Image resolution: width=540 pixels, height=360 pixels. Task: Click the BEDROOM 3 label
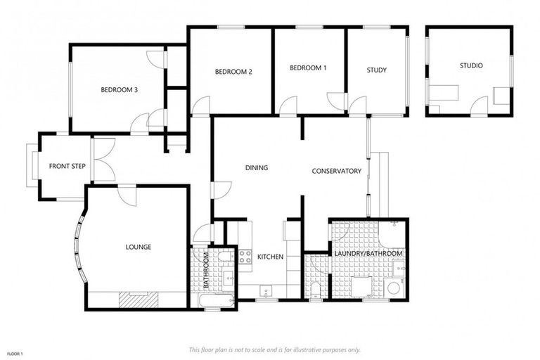coord(119,89)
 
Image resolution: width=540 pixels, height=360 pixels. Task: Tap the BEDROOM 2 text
coord(233,72)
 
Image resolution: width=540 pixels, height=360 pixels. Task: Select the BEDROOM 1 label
coord(308,68)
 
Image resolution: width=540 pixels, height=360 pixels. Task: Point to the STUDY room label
coord(377,70)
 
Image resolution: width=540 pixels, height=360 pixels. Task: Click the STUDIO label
coord(471,66)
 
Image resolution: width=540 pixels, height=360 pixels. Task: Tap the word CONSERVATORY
coord(337,171)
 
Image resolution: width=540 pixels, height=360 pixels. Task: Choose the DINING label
coord(257,168)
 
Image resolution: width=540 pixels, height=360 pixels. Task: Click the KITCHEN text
coord(270,257)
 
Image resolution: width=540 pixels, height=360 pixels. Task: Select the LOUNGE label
coord(139,247)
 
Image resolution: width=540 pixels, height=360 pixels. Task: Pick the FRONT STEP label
coord(67,167)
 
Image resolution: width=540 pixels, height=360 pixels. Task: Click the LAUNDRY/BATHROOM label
coord(368,253)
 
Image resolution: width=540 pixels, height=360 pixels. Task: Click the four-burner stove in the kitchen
coord(245,257)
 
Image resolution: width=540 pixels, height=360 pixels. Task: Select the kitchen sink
coord(266,290)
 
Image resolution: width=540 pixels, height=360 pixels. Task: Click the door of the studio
coord(480,107)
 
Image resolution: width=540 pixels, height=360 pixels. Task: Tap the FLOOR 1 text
coord(15,353)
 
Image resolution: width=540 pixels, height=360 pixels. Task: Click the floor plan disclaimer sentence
coord(275,349)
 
